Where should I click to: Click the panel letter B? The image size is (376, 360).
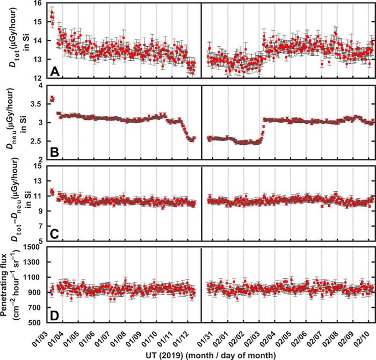point(54,151)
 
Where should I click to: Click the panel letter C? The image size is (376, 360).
point(54,232)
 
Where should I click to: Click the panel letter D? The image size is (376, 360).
point(54,314)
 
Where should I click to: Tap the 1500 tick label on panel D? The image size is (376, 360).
point(34,247)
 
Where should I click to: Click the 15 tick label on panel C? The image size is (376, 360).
point(38,166)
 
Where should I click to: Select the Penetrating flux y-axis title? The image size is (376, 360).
point(12,285)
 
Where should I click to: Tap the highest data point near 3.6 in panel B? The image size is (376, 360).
point(52,99)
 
